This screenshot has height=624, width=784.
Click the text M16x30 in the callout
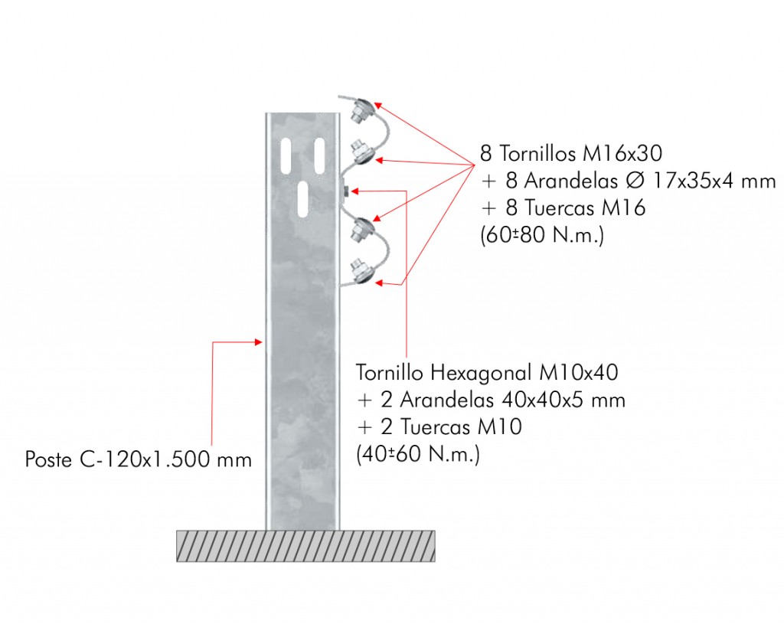click(622, 153)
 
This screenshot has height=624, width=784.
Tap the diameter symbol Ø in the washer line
click(635, 181)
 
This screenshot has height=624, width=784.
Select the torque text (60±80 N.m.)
click(542, 234)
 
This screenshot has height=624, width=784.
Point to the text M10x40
click(579, 373)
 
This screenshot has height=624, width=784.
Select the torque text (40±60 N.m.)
click(418, 455)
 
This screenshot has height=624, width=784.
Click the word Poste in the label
click(49, 459)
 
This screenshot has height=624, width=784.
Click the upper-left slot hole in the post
click(286, 156)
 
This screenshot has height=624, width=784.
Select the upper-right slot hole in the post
click(319, 156)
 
